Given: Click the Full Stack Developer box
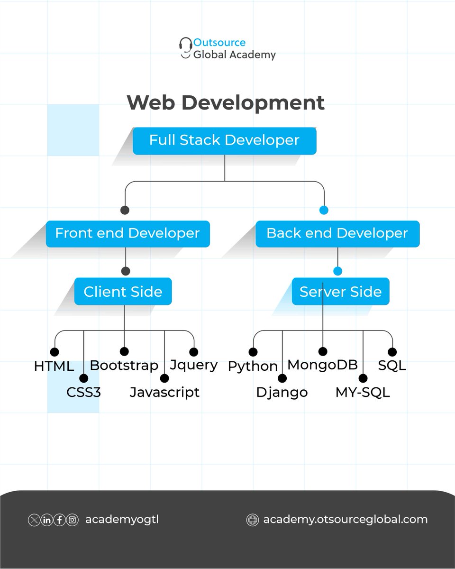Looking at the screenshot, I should point(224,141).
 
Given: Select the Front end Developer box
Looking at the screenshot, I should point(127,233).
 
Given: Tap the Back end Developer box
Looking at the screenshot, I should point(337,233).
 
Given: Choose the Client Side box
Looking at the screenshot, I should point(123,292).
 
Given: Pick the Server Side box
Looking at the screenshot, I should point(340,292).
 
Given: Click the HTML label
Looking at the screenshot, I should point(54,367).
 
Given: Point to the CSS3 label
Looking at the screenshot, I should point(83,392).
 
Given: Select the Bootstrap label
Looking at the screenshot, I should point(124,365).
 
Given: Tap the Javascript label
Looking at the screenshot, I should point(164,392).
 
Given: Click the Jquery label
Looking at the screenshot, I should point(193,365).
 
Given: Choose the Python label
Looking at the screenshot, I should point(253,366).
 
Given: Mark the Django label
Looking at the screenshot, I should point(282,392).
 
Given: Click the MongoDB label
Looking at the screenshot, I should point(322,365).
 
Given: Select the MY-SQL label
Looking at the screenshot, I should point(363,392).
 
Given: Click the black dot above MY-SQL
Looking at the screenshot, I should point(363,378).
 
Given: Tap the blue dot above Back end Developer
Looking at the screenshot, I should point(324,210).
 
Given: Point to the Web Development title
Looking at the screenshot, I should point(226,103).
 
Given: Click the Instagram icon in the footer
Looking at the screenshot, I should point(72,520).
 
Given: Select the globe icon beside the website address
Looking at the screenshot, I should point(253,520).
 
